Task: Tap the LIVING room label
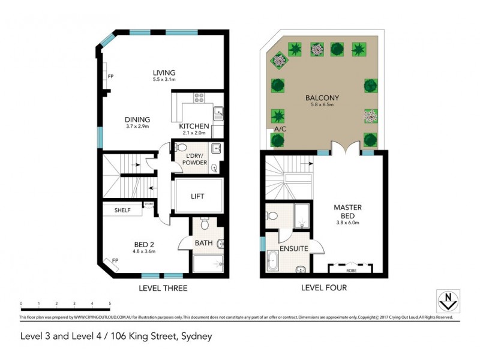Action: point(163,73)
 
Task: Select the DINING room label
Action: point(137,119)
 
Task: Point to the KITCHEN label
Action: point(194,126)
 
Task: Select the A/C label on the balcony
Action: point(280,129)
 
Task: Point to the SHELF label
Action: point(122,210)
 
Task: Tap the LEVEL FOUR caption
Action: point(324,289)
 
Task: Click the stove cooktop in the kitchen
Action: point(199,98)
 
